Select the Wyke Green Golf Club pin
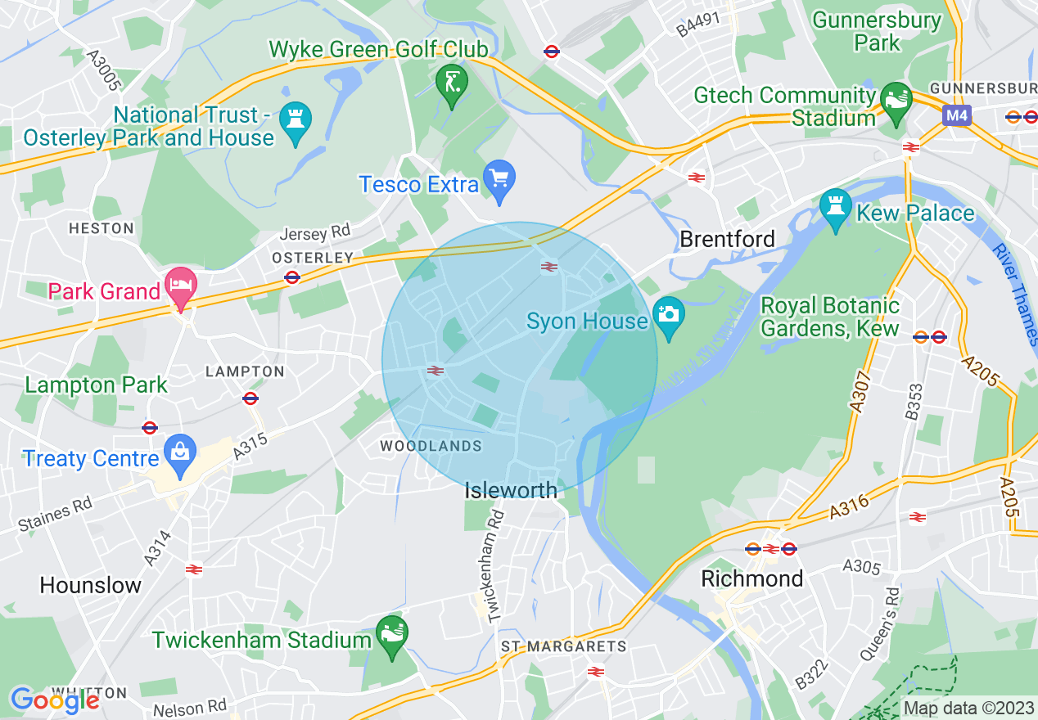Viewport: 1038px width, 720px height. coord(450,83)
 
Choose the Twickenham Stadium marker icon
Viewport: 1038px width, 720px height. coord(391,633)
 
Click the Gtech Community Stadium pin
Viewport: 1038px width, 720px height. coord(896,100)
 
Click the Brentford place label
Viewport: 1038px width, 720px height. coord(727,239)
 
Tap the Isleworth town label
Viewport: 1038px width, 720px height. coord(511,490)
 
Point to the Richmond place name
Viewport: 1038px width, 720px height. coord(751,578)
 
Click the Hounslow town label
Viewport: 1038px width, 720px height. coord(91,585)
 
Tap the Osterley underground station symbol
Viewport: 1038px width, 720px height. coord(292,277)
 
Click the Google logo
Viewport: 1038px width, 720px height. coord(55,699)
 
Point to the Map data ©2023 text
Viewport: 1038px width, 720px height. coord(967,708)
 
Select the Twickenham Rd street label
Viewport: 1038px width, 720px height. coord(495,565)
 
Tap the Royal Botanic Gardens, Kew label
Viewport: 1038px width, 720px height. coord(830,317)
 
